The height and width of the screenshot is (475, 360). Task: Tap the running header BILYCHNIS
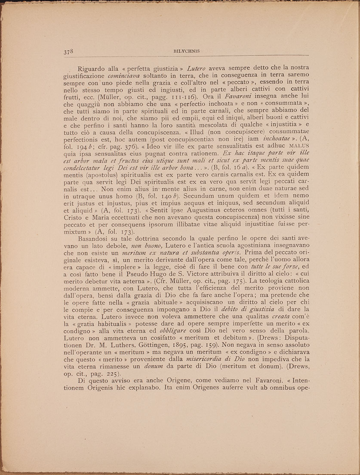coord(185,51)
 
